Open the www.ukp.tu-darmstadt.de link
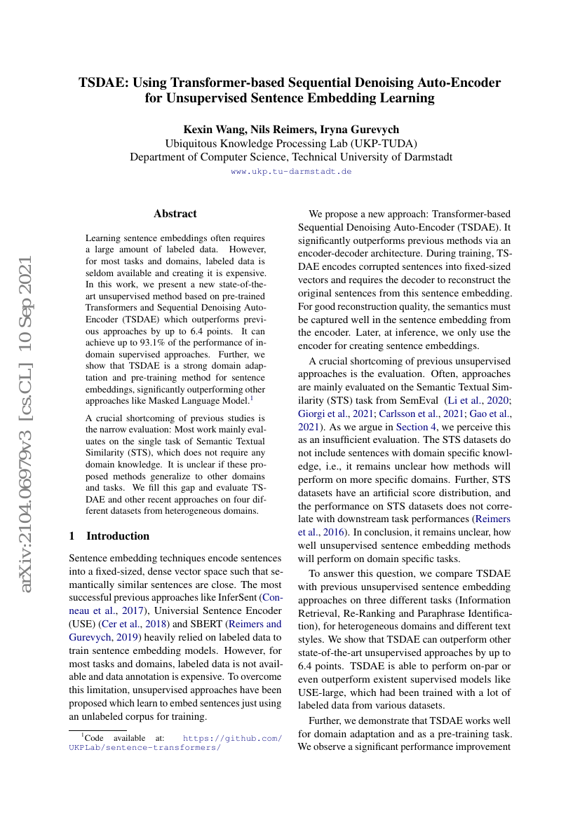click(291, 171)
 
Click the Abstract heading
click(175, 214)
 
